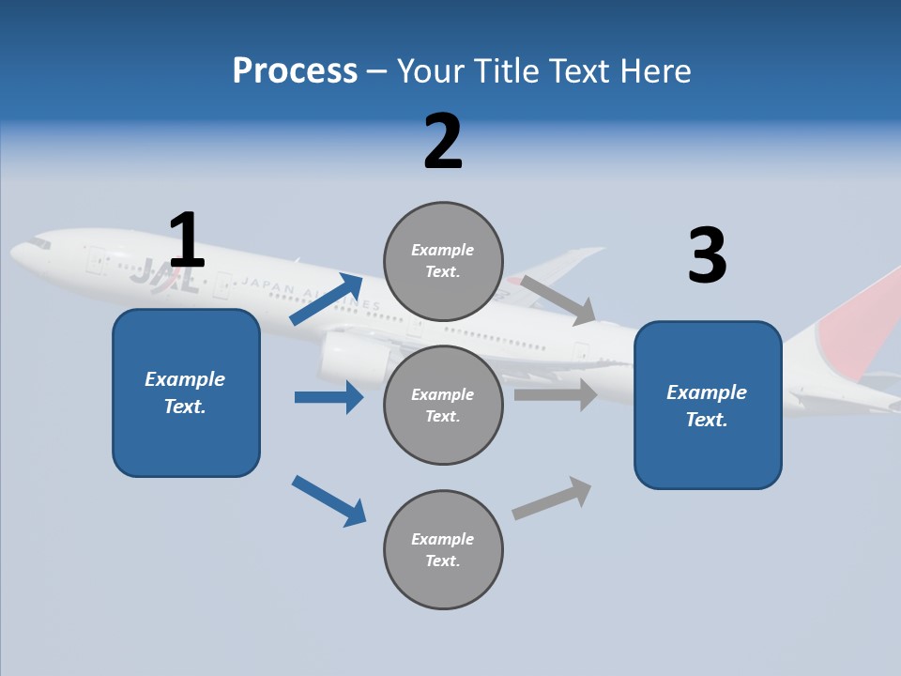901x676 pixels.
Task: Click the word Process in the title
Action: point(295,70)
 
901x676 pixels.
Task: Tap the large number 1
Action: point(187,241)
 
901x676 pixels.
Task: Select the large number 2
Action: point(443,142)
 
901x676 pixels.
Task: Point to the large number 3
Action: point(708,256)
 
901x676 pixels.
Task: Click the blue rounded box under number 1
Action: point(186,392)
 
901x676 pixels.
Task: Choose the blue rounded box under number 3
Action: point(708,405)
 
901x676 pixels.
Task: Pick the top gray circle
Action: point(443,260)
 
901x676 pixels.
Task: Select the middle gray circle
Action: point(443,405)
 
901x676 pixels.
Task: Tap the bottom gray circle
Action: point(443,549)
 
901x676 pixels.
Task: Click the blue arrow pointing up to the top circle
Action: point(327,300)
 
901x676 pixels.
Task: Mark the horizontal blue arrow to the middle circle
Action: point(328,397)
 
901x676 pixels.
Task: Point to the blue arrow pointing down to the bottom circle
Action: point(328,500)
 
